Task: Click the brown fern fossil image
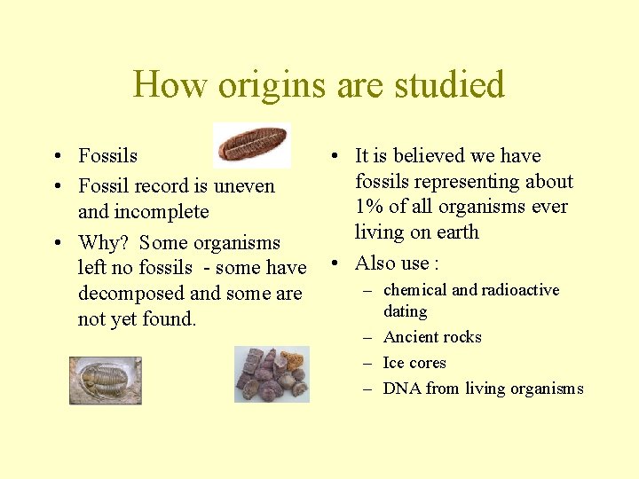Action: click(x=252, y=144)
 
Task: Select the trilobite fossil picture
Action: click(x=106, y=380)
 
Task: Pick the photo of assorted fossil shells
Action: click(x=272, y=374)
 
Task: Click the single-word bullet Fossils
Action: click(x=107, y=156)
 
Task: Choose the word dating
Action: click(x=405, y=311)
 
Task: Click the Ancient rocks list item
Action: click(x=431, y=337)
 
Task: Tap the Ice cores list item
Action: click(x=414, y=363)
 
